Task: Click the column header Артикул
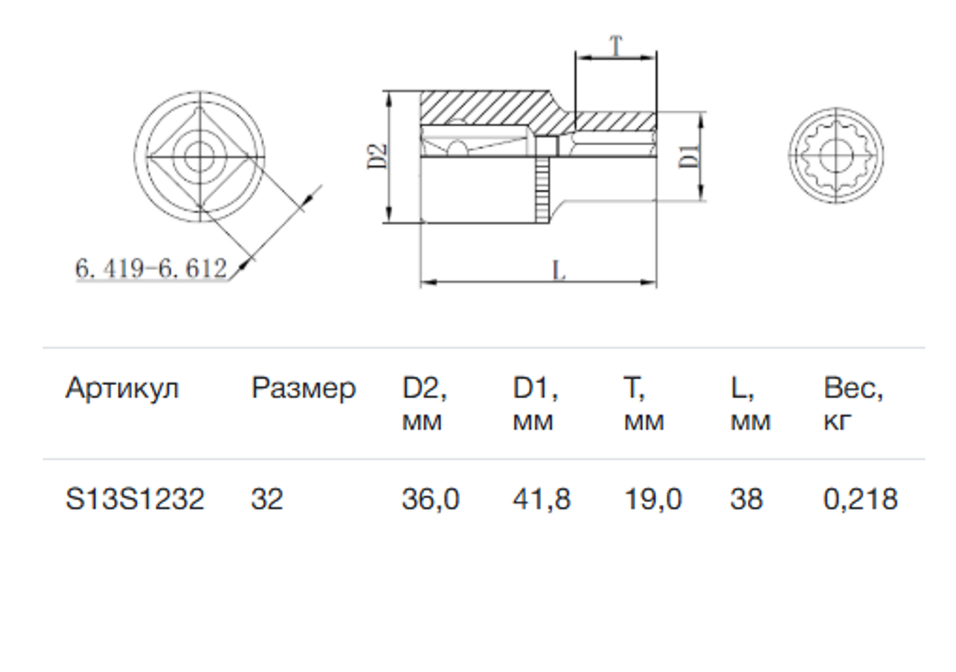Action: [x=121, y=388]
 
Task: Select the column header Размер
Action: [x=303, y=388]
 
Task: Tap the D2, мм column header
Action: [x=424, y=404]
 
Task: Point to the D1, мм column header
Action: [x=535, y=404]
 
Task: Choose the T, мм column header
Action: [x=644, y=404]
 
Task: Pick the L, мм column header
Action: [x=750, y=404]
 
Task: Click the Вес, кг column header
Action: [x=853, y=404]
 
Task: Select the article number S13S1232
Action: [x=134, y=499]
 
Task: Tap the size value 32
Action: [x=267, y=499]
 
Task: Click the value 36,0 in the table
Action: [x=430, y=499]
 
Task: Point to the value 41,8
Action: [x=541, y=499]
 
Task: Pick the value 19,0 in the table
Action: [x=653, y=499]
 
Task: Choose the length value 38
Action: [x=746, y=499]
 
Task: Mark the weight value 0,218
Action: [x=860, y=499]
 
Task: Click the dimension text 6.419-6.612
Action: [x=151, y=268]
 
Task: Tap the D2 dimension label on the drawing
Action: [x=376, y=156]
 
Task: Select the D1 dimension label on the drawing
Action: [x=690, y=155]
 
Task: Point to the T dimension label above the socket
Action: [x=616, y=46]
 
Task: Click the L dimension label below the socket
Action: [x=558, y=270]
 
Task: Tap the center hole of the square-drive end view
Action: [x=198, y=153]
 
